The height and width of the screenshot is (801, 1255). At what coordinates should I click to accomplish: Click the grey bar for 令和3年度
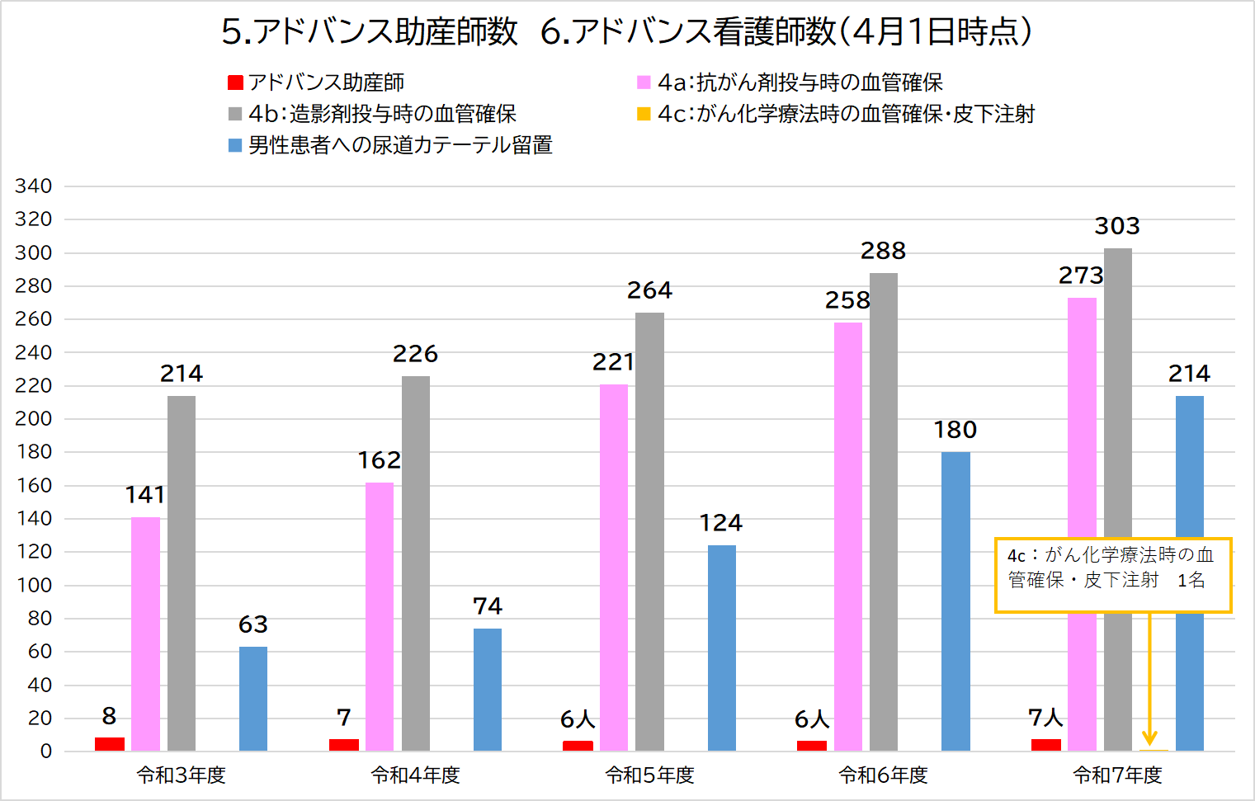click(182, 573)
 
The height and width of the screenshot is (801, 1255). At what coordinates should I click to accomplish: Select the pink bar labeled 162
click(380, 616)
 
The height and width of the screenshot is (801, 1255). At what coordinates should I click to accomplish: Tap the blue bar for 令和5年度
click(721, 648)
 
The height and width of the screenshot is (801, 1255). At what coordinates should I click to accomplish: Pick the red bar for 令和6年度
click(812, 746)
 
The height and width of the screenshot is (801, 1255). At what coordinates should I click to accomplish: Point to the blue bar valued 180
click(955, 601)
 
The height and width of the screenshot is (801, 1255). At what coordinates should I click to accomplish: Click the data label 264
click(649, 290)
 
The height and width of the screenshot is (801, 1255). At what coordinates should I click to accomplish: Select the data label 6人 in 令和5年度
click(578, 719)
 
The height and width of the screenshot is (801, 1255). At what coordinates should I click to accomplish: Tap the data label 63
click(253, 624)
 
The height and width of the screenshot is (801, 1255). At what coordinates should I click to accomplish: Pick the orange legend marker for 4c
click(644, 114)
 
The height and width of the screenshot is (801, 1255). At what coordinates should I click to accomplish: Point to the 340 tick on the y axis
click(33, 186)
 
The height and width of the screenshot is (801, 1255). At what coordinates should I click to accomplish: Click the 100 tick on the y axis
click(33, 585)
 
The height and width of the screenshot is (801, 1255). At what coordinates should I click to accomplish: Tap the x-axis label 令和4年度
click(415, 775)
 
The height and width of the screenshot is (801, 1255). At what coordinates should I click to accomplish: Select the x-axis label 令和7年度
click(1117, 775)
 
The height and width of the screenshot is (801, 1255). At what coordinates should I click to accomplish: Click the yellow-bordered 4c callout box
click(1113, 575)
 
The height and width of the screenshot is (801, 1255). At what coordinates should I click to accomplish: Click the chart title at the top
click(627, 31)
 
